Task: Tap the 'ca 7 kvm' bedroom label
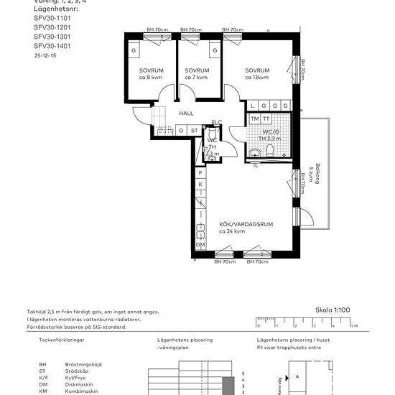click(196, 77)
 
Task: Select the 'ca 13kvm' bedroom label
click(257, 77)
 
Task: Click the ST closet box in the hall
click(195, 130)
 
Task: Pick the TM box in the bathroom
click(254, 118)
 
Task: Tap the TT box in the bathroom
click(266, 118)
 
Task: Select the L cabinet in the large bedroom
click(254, 106)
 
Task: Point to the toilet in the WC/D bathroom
click(269, 149)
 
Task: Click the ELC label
click(216, 122)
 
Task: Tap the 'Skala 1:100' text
click(332, 310)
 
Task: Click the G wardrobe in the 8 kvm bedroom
click(134, 51)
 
